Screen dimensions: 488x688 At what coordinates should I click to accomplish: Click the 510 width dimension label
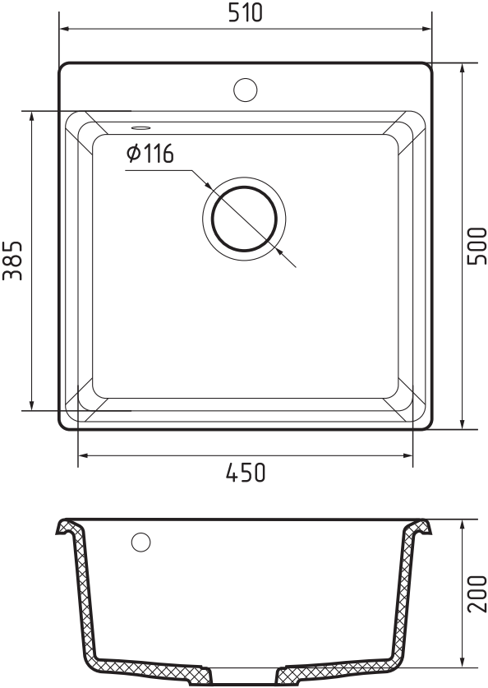pos(245,12)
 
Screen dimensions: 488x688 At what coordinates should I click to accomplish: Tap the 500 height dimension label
pos(477,246)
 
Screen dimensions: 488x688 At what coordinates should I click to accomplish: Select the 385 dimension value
pos(12,261)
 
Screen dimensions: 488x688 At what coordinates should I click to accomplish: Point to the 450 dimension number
pos(246,473)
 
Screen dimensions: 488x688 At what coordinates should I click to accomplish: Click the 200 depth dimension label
pos(477,594)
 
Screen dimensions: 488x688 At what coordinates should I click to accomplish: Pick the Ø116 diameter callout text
pos(150,154)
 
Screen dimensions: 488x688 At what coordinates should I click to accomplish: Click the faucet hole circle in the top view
pos(245,90)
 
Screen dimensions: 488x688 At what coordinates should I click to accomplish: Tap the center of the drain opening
pos(244,219)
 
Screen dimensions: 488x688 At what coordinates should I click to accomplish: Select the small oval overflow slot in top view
pos(140,127)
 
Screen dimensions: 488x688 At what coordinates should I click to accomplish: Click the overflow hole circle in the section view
pos(140,543)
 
